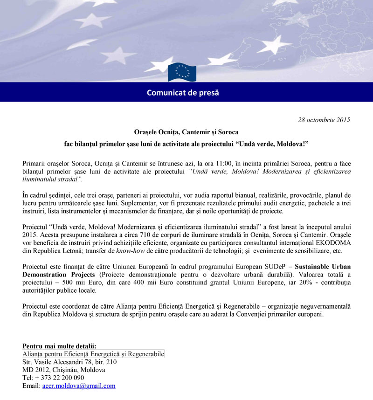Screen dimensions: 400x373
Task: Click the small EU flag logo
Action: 182,72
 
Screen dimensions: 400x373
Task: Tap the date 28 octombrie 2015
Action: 324,120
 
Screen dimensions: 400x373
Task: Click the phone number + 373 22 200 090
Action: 53,378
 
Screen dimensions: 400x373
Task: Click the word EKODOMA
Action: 332,243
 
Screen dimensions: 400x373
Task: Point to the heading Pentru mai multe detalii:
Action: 59,346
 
